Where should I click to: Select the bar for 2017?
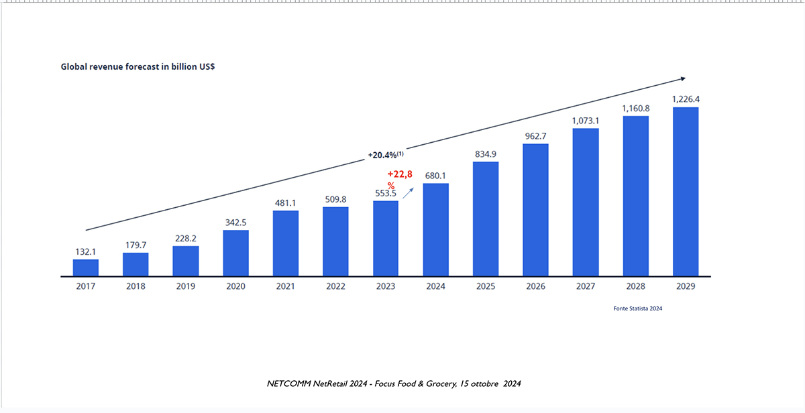coord(86,268)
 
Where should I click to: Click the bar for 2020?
coord(235,253)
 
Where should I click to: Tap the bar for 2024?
coord(435,229)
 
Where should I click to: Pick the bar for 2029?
coord(686,191)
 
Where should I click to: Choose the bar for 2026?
coord(535,210)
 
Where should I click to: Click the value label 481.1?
coord(285,202)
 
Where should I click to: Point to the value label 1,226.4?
coord(686,99)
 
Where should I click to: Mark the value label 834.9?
coord(485,154)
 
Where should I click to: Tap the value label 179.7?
coord(136,245)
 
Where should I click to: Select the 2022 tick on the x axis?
coord(335,286)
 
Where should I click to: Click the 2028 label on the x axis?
coord(635,286)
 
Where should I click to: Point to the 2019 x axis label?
coord(185,286)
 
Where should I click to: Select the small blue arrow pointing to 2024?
coord(409,194)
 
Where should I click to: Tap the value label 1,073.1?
coord(586,121)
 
